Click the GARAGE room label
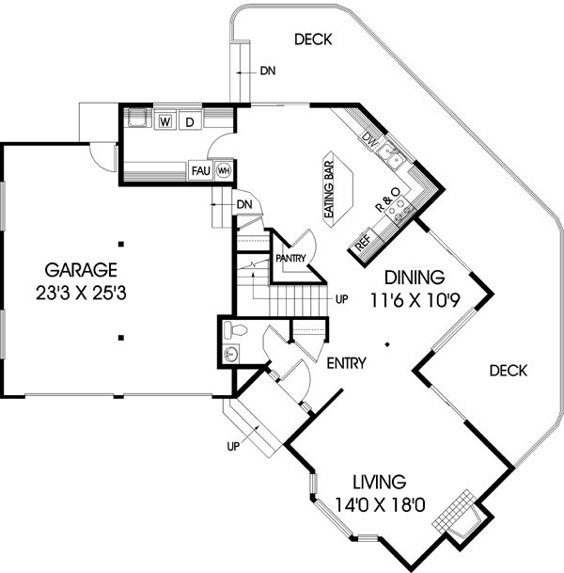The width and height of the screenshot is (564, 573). pos(78,267)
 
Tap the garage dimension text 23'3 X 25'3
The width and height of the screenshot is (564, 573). pos(78,293)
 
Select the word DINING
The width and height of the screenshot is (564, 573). pos(413,278)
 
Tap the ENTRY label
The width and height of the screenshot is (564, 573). pos(347,362)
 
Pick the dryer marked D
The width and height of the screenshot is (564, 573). pos(189,121)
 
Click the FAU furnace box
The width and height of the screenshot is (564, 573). pos(200,170)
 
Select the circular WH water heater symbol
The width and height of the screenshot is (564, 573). pos(224,170)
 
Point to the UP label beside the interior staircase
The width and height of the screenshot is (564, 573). pos(342,300)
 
